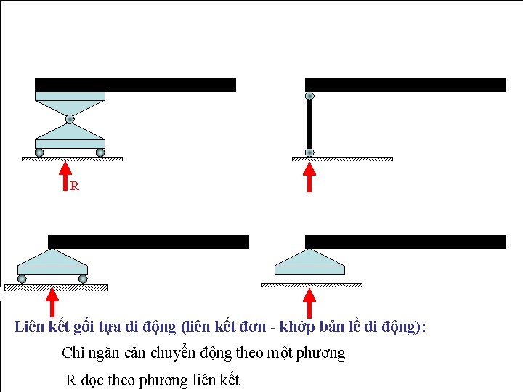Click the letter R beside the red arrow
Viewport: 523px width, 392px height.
pyautogui.click(x=74, y=187)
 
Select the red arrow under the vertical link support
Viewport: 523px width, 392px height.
pyautogui.click(x=309, y=178)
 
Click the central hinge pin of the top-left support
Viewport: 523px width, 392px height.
pyautogui.click(x=70, y=119)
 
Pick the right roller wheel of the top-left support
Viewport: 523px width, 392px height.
pyautogui.click(x=100, y=152)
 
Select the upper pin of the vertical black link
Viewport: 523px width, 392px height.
pyautogui.click(x=309, y=96)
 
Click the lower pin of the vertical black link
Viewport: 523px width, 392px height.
pyautogui.click(x=309, y=152)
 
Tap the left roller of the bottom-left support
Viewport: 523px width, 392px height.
pyautogui.click(x=23, y=279)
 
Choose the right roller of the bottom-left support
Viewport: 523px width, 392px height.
pyautogui.click(x=83, y=279)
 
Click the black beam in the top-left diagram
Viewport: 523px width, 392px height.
pyautogui.click(x=135, y=85)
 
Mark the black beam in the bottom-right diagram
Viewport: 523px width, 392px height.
pyautogui.click(x=405, y=242)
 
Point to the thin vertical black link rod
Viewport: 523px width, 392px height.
pyautogui.click(x=309, y=124)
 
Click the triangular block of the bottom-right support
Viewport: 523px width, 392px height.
pyautogui.click(x=309, y=260)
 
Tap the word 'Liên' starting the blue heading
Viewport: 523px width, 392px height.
pyautogui.click(x=29, y=327)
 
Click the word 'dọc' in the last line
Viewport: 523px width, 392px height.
pyautogui.click(x=92, y=380)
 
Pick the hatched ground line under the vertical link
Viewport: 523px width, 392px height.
pyautogui.click(x=342, y=159)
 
